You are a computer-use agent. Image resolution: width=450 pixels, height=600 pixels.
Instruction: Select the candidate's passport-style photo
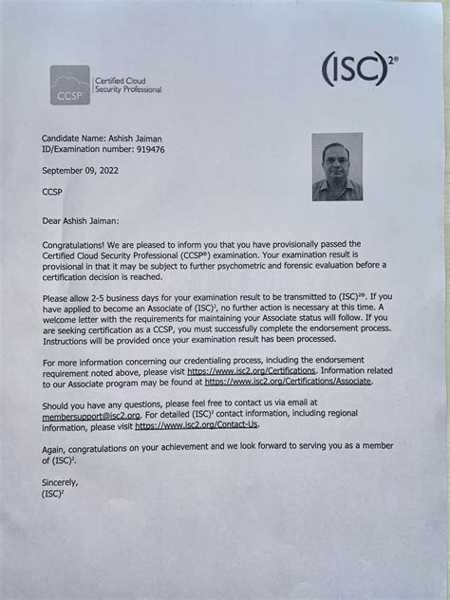(x=336, y=166)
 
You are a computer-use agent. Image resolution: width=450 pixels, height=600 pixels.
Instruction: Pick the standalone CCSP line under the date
(x=54, y=192)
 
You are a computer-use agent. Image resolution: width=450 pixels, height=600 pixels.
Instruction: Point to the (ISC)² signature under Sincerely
(x=53, y=494)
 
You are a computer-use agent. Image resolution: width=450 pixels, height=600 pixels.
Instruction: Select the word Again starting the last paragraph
(x=58, y=446)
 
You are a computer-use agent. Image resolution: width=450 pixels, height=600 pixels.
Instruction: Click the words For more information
(x=87, y=362)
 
